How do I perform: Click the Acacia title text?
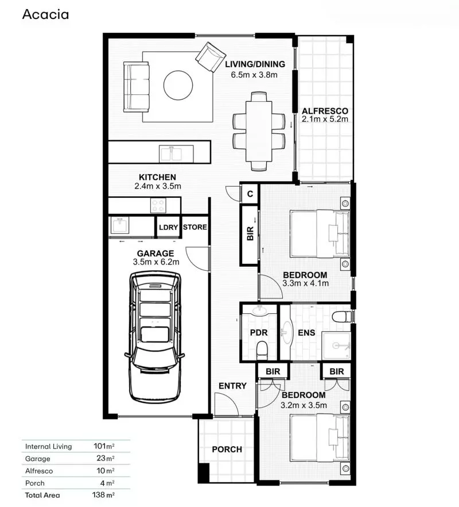pyautogui.click(x=45, y=14)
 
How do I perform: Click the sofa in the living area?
pyautogui.click(x=136, y=87)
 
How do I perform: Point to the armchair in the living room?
pyautogui.click(x=210, y=57)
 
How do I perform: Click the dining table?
pyautogui.click(x=259, y=131)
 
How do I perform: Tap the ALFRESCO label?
pyautogui.click(x=325, y=111)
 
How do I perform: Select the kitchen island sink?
pyautogui.click(x=171, y=153)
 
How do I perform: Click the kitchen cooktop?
pyautogui.click(x=157, y=205)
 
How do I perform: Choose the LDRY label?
pyautogui.click(x=168, y=227)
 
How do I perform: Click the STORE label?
pyautogui.click(x=195, y=227)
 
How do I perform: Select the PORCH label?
pyautogui.click(x=227, y=449)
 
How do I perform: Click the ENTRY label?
pyautogui.click(x=232, y=386)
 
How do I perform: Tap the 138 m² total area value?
pyautogui.click(x=104, y=494)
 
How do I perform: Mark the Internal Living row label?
pyautogui.click(x=48, y=446)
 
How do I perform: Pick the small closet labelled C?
pyautogui.click(x=250, y=194)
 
